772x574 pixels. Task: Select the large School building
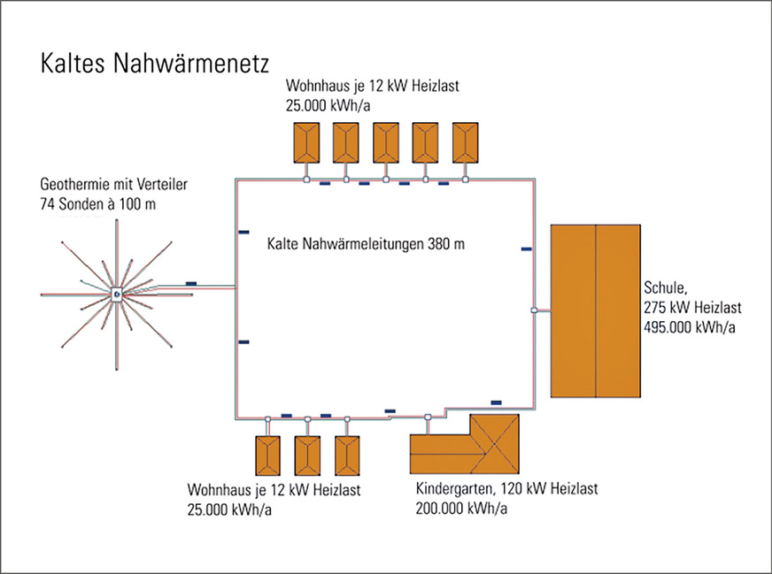point(595,310)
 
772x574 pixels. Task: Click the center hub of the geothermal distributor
point(117,295)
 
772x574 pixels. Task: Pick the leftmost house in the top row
point(305,141)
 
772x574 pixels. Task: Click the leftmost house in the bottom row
point(266,455)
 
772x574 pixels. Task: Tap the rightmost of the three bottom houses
point(346,455)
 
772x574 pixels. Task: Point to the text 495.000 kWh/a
point(691,326)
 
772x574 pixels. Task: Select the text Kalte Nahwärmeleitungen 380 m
point(366,241)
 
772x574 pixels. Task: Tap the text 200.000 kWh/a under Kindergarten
point(461,507)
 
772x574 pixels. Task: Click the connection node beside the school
point(534,310)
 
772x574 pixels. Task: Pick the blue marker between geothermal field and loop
point(191,283)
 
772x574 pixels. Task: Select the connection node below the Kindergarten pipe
point(428,417)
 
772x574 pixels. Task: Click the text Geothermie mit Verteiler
point(115,185)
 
